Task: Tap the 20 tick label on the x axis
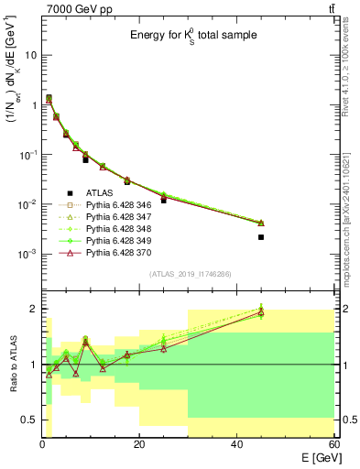click(139, 444)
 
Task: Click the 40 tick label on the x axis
click(237, 444)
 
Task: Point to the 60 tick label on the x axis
click(333, 444)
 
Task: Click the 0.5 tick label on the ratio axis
click(28, 420)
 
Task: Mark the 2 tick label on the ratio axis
click(33, 309)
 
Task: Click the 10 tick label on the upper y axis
click(29, 55)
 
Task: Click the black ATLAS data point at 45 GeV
click(261, 237)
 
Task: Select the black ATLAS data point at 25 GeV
click(164, 200)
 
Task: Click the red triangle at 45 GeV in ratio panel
click(261, 312)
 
